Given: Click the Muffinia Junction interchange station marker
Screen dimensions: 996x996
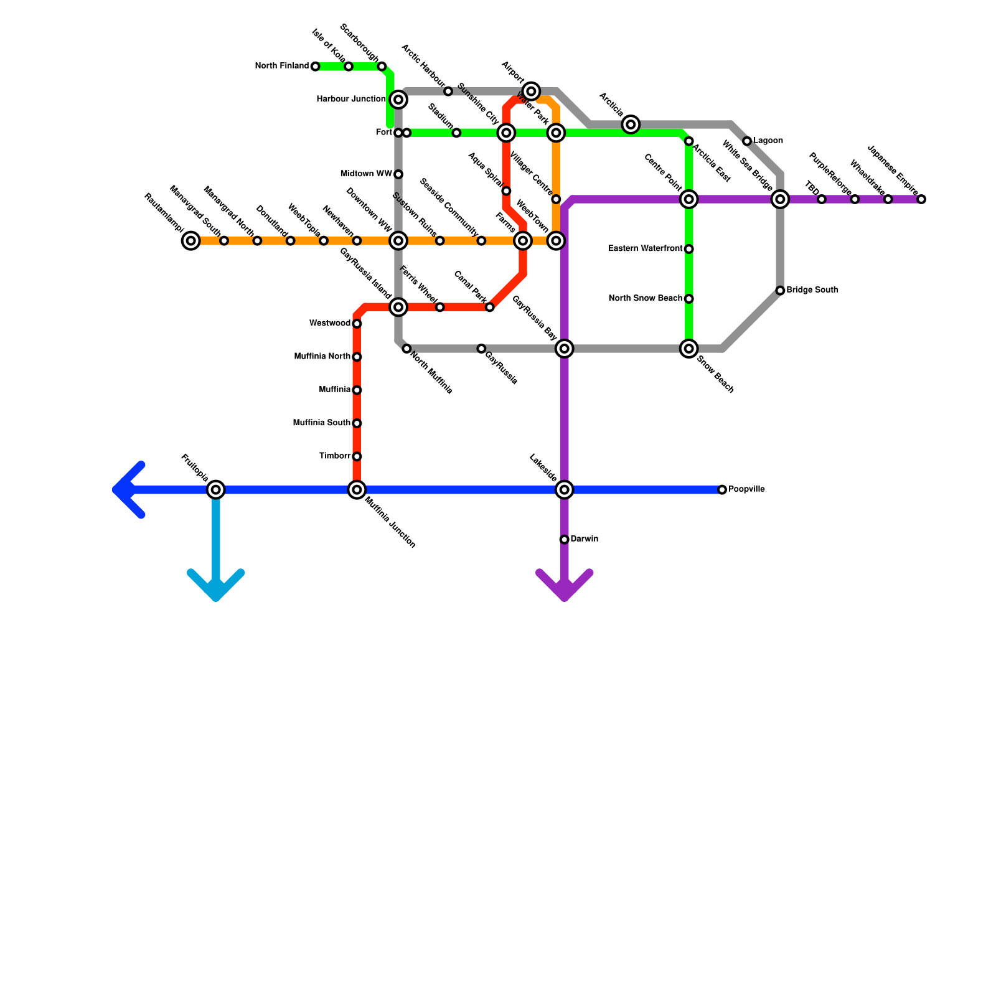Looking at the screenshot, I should point(357,490).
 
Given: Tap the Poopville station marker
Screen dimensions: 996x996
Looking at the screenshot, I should point(722,490).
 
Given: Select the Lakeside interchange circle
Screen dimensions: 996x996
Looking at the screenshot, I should point(565,490).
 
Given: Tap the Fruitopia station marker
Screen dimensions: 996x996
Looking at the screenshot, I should point(216,490).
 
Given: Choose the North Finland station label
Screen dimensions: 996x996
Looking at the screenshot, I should point(282,66).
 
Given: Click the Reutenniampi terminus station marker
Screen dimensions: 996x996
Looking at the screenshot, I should point(191,241).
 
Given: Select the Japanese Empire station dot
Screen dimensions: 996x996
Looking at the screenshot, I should point(921,199).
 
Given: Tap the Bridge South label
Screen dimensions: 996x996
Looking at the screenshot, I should point(812,290).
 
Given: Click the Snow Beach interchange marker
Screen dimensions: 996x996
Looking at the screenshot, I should point(689,349).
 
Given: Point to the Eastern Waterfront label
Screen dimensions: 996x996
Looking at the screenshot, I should point(646,249).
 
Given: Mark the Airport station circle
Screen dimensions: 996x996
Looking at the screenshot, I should point(531,92).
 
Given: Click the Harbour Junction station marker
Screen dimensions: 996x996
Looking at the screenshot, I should point(399,100).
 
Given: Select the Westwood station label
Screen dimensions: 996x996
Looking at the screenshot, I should point(330,324).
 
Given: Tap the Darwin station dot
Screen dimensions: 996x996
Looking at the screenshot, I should point(564,540).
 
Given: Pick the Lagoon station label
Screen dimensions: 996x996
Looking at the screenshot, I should point(768,141).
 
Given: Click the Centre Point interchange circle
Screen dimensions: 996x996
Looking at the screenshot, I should point(689,199).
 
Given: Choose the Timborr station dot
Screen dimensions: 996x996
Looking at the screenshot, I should point(357,457).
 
